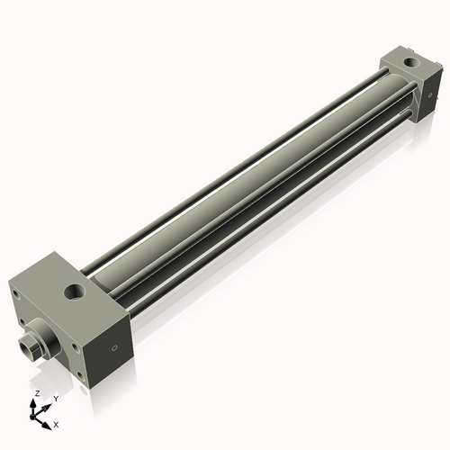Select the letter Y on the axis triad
coord(55,398)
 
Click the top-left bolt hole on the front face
coord(19,317)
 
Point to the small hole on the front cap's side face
coord(114,347)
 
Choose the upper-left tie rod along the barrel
coord(225,166)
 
